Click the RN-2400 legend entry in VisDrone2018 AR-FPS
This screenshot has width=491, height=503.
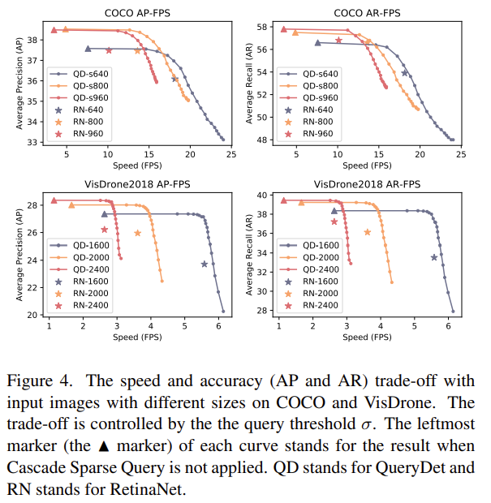point(315,305)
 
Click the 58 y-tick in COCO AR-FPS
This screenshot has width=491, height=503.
point(262,27)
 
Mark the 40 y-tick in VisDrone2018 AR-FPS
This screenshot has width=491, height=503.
point(262,196)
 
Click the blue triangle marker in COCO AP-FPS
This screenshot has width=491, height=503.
point(88,49)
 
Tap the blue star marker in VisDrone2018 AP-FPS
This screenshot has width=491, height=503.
point(205,264)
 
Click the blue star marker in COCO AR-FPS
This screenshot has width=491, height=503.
point(404,73)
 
